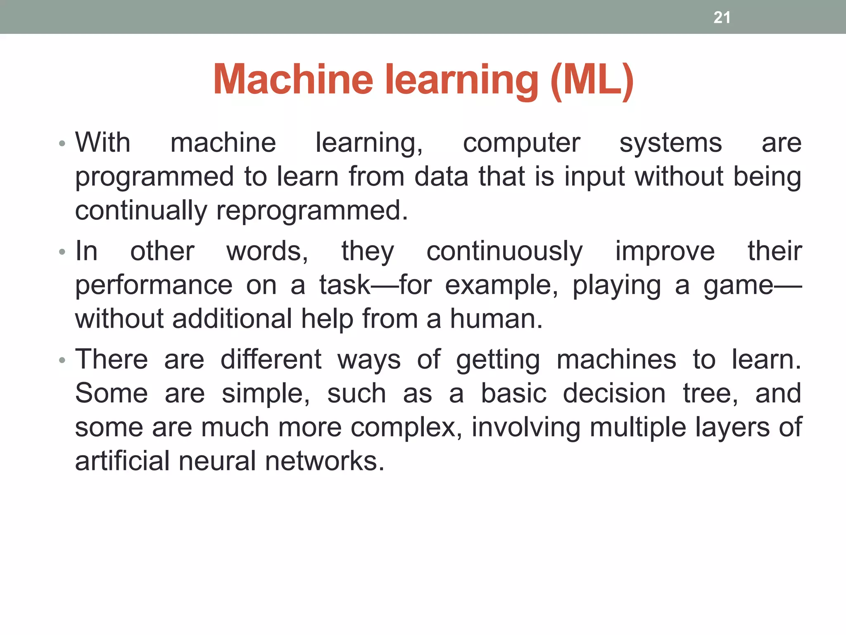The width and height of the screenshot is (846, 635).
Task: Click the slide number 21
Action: tap(722, 17)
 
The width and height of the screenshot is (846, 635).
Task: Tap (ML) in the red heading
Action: tap(592, 80)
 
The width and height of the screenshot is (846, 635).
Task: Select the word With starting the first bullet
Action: tap(103, 143)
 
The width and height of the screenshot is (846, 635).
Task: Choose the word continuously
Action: tap(504, 252)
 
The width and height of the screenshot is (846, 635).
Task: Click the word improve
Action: tap(665, 252)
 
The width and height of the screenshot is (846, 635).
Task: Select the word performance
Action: tap(154, 285)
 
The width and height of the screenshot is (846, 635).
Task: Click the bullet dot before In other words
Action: tap(62, 252)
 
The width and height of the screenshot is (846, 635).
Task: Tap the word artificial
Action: tap(122, 461)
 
